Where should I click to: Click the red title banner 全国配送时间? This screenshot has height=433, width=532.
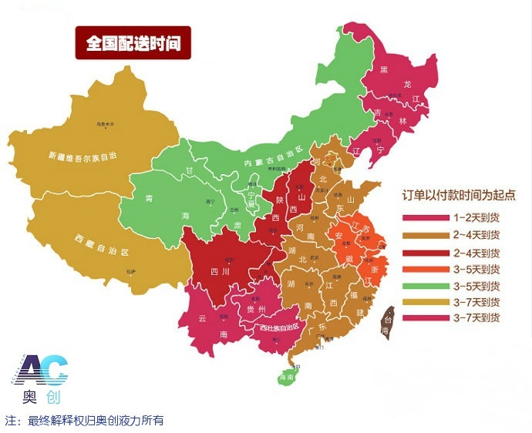[133, 43]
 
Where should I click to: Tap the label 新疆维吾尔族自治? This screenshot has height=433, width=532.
[85, 155]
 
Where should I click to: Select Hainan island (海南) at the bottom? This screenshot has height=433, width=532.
[286, 377]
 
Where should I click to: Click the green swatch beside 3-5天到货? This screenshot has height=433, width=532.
[426, 285]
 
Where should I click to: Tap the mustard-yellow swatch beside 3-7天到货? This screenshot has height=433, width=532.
[426, 302]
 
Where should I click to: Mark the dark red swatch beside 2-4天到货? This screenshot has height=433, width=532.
[426, 252]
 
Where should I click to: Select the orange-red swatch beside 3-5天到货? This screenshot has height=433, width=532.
[426, 269]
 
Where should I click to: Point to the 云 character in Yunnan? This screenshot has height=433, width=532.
[203, 317]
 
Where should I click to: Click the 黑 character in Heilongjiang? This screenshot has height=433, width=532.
[383, 71]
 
